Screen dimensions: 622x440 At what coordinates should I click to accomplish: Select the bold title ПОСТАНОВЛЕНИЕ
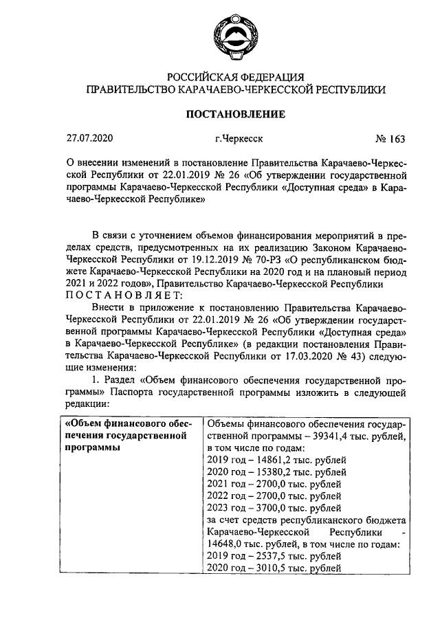[x=235, y=113]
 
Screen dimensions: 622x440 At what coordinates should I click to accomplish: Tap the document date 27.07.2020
[x=88, y=139]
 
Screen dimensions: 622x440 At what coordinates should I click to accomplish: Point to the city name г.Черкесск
[x=239, y=139]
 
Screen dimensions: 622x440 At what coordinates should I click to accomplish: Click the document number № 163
[x=390, y=139]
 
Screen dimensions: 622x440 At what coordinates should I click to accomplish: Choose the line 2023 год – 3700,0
[x=273, y=509]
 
